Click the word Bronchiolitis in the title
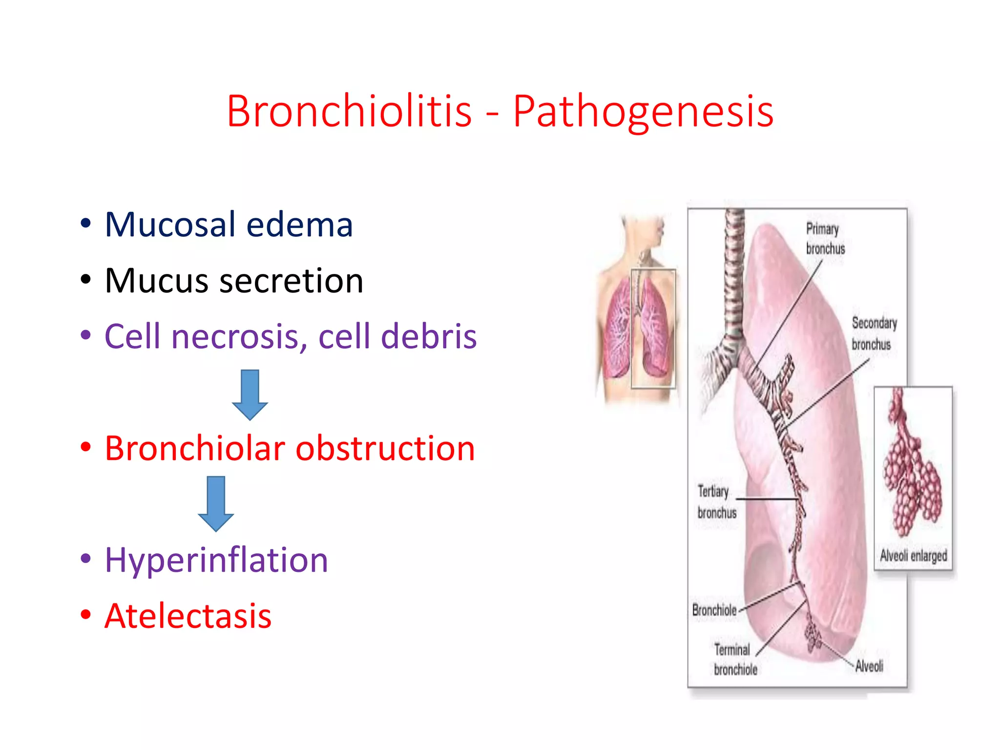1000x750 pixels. coord(349,111)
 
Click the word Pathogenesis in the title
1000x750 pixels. coord(643,111)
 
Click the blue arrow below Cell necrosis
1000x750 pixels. coord(250,395)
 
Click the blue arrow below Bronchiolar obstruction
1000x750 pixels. coord(216,503)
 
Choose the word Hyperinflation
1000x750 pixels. coord(216,560)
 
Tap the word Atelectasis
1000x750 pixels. coord(188,616)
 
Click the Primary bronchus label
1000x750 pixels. coord(825,239)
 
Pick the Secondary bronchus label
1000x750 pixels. coord(874,333)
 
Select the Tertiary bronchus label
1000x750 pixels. coord(716,502)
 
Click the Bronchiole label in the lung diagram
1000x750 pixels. coord(714,610)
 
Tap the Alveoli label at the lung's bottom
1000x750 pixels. coord(869,666)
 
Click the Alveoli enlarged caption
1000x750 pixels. coord(913,556)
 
